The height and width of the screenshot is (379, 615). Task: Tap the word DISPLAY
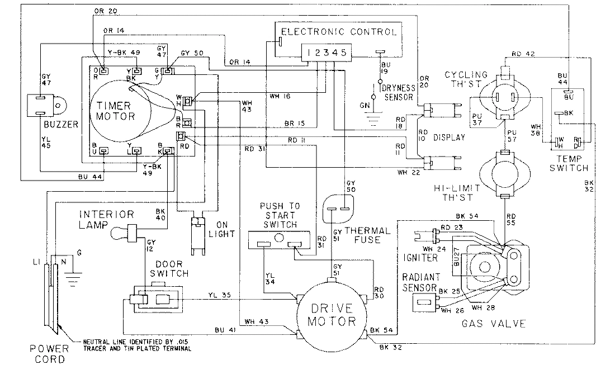(449, 138)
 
